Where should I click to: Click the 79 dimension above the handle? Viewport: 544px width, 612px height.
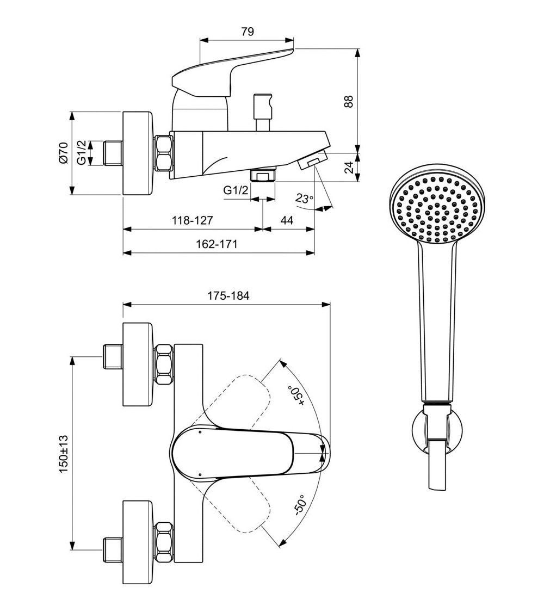pyautogui.click(x=247, y=32)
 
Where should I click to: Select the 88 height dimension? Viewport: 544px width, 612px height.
pyautogui.click(x=349, y=101)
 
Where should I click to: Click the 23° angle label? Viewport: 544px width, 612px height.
pyautogui.click(x=305, y=199)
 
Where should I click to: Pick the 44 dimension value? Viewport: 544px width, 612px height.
pyautogui.click(x=287, y=220)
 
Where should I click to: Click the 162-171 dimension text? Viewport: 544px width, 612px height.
pyautogui.click(x=217, y=244)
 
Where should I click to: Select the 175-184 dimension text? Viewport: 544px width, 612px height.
pyautogui.click(x=228, y=296)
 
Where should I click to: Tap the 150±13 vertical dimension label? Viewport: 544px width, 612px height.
pyautogui.click(x=64, y=453)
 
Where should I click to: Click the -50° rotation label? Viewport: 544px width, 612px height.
pyautogui.click(x=299, y=505)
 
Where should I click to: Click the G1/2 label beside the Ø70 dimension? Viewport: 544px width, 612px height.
pyautogui.click(x=81, y=152)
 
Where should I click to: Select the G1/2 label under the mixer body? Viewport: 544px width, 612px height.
pyautogui.click(x=236, y=190)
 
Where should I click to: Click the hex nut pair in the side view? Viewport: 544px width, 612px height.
pyautogui.click(x=163, y=153)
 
